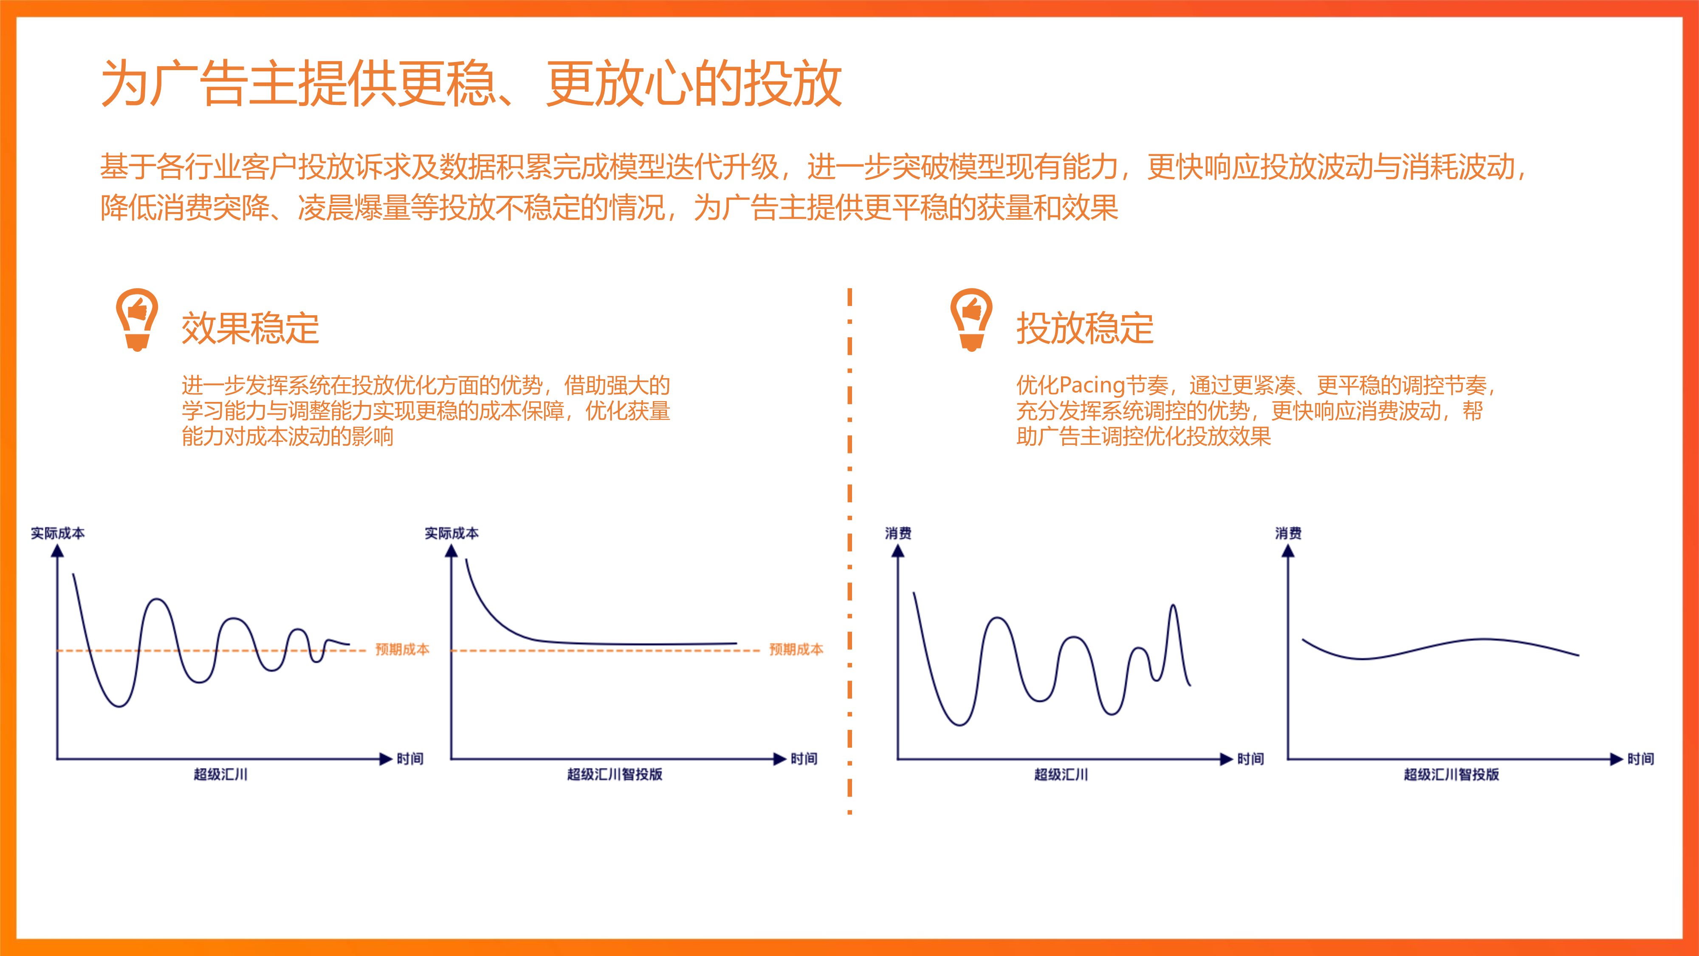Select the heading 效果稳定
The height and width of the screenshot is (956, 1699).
[250, 328]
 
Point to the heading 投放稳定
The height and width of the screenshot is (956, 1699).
[1085, 328]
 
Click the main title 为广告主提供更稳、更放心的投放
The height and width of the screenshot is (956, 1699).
[471, 83]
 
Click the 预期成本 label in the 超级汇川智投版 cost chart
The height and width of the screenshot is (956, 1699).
[796, 649]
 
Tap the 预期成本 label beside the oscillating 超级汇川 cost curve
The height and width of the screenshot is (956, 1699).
[402, 649]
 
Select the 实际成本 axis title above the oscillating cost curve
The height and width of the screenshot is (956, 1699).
[58, 533]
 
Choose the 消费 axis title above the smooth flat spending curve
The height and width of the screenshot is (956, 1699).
[1288, 533]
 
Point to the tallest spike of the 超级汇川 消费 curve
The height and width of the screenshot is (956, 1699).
[1173, 605]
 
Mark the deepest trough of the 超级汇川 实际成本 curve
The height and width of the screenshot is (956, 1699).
[119, 706]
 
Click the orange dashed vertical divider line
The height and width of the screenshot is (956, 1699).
[849, 551]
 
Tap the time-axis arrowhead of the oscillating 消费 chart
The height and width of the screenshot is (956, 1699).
[1227, 759]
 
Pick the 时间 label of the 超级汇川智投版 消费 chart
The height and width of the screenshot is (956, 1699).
[1640, 759]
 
